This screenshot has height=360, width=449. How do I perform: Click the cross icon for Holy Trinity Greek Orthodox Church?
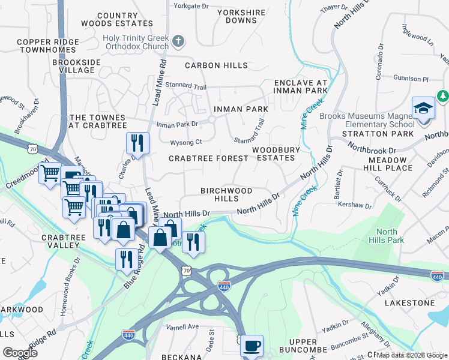tap(177, 42)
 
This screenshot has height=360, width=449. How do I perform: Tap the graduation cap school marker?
tap(423, 109)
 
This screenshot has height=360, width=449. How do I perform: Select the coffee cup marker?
tap(252, 346)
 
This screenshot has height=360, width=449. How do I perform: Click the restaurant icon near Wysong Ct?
tap(137, 143)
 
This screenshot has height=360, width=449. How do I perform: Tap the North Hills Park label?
tap(387, 236)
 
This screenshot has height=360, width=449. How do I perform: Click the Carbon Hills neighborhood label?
tap(216, 65)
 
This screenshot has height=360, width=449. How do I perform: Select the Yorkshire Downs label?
tap(241, 16)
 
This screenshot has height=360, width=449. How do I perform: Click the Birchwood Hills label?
tap(226, 194)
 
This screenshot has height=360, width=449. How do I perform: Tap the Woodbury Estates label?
tap(273, 154)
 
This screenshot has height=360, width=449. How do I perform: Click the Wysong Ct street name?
tap(186, 143)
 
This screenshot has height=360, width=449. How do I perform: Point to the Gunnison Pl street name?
tap(411, 79)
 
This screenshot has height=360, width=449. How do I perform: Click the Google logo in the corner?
tap(20, 353)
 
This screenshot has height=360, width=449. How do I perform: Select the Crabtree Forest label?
tap(208, 158)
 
